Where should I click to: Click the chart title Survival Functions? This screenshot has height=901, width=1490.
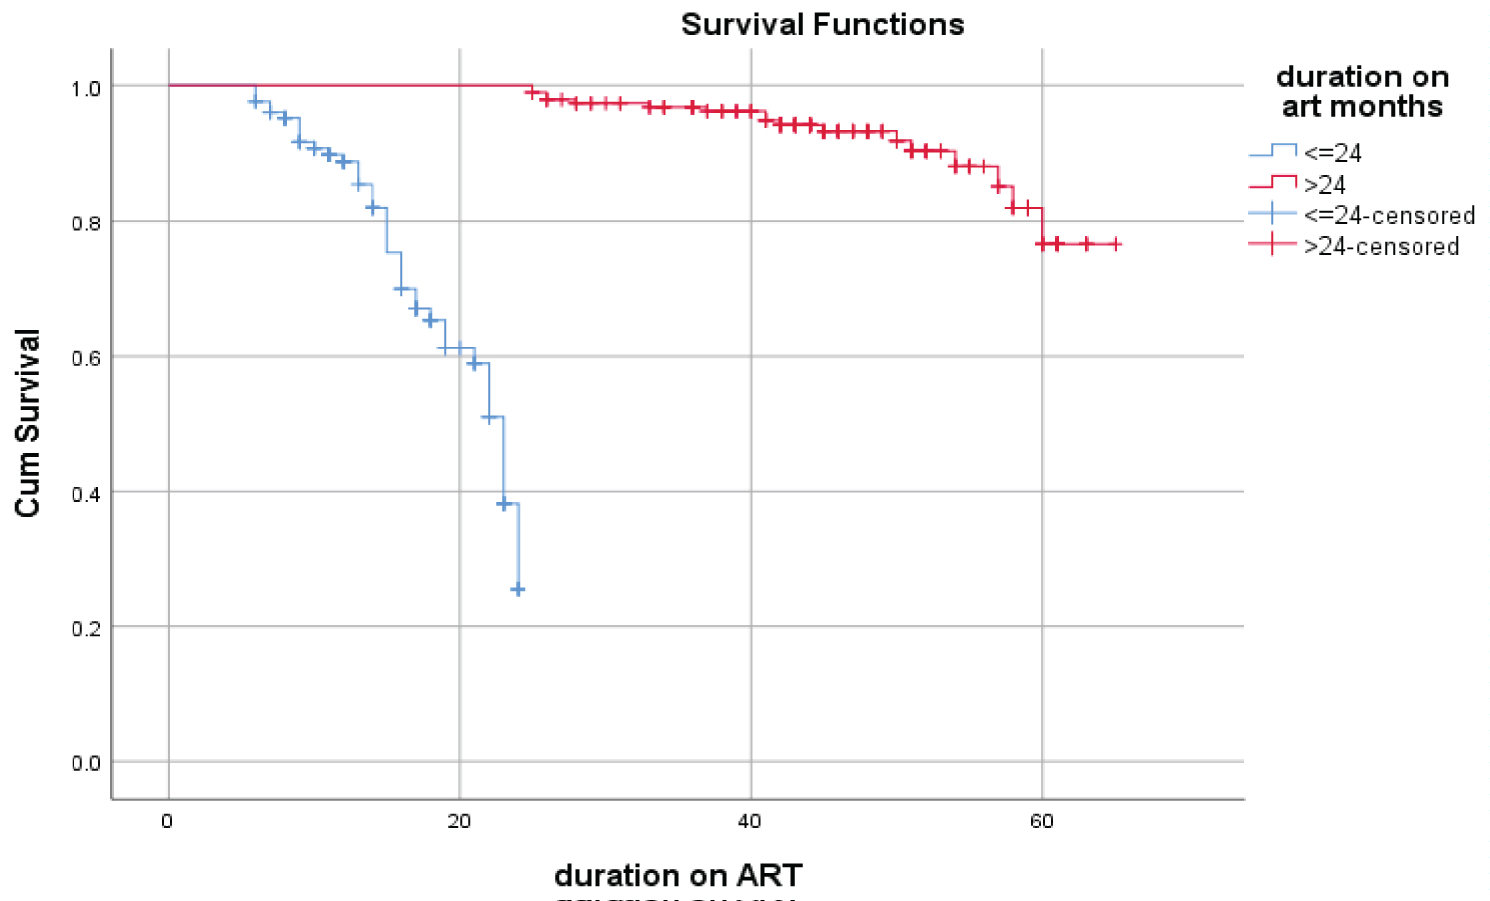click(x=822, y=24)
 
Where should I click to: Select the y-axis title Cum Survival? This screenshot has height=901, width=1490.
click(x=28, y=422)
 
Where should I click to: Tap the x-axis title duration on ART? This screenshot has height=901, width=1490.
click(x=677, y=875)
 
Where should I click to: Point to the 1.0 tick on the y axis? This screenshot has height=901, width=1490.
click(x=86, y=89)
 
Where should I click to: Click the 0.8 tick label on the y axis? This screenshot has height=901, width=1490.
click(x=86, y=224)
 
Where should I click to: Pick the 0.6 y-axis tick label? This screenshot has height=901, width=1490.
click(x=86, y=359)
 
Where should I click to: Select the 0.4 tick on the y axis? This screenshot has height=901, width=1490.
click(x=86, y=494)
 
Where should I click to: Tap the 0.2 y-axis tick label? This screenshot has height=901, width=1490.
click(x=86, y=628)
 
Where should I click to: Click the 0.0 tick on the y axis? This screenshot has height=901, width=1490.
click(x=86, y=763)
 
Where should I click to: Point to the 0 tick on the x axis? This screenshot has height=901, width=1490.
click(x=167, y=822)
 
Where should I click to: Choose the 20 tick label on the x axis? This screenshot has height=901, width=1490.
click(x=459, y=822)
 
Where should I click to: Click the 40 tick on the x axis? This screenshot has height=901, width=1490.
click(x=750, y=822)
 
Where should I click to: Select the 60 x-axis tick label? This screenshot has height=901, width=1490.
click(x=1041, y=822)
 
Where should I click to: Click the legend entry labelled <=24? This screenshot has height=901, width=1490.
click(x=1332, y=153)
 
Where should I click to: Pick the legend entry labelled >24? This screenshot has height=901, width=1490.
click(x=1324, y=185)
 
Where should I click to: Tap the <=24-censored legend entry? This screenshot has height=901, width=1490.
click(x=1389, y=216)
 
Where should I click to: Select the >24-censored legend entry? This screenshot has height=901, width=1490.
click(x=1381, y=247)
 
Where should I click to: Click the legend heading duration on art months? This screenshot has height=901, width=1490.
click(x=1362, y=91)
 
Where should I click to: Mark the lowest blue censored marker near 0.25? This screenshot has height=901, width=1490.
click(x=518, y=590)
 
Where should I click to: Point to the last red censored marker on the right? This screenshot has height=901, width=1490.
click(x=1116, y=244)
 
